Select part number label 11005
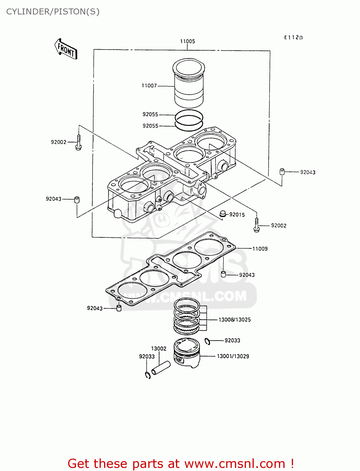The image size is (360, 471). point(188,41)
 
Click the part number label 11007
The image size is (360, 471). point(149,86)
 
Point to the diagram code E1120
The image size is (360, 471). point(293,38)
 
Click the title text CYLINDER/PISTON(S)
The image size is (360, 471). point(53,12)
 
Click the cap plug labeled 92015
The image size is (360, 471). point(223,214)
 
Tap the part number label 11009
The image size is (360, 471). point(260,249)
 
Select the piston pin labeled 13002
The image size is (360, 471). point(161,368)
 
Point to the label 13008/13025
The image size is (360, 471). point(235,320)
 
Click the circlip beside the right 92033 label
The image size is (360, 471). point(207,341)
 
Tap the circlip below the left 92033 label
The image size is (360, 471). point(148,375)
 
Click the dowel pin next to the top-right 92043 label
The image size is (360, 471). point(282,172)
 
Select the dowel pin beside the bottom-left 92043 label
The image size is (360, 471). point(119,308)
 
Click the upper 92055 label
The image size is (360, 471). point(150,115)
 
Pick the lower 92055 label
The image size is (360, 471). point(150,126)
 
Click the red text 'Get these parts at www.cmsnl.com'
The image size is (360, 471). point(181,463)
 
